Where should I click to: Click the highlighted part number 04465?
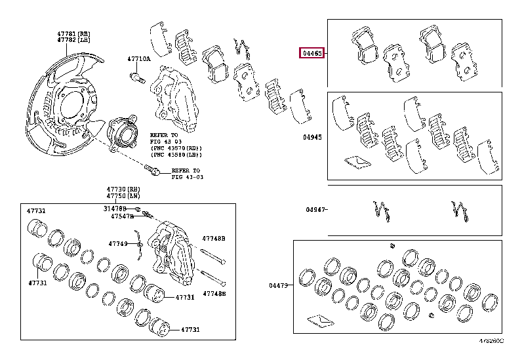pos(311,53)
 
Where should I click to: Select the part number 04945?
pos(312,138)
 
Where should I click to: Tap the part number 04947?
pos(314,210)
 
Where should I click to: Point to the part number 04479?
pos(279,285)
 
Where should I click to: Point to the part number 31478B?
pos(116,209)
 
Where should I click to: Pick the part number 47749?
pos(118,243)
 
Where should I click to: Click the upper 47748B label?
pos(214,239)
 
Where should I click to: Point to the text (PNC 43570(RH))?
pos(176,149)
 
